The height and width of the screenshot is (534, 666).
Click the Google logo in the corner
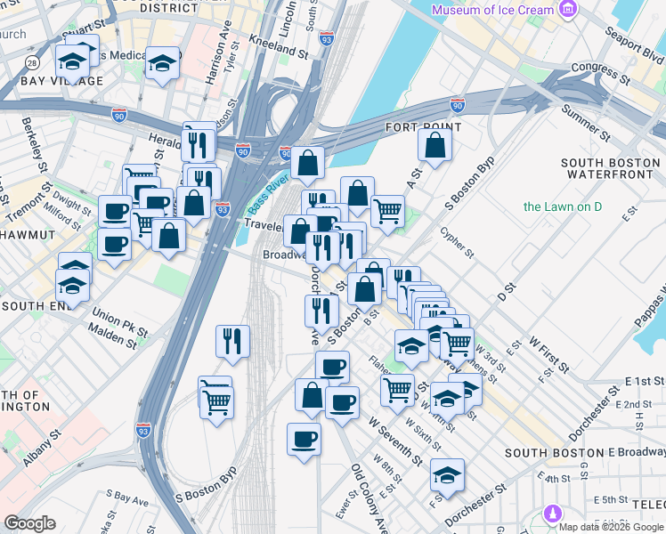coord(30,523)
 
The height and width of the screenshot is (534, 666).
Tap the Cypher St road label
coord(457,242)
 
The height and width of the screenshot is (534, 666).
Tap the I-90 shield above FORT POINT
coord(458,105)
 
